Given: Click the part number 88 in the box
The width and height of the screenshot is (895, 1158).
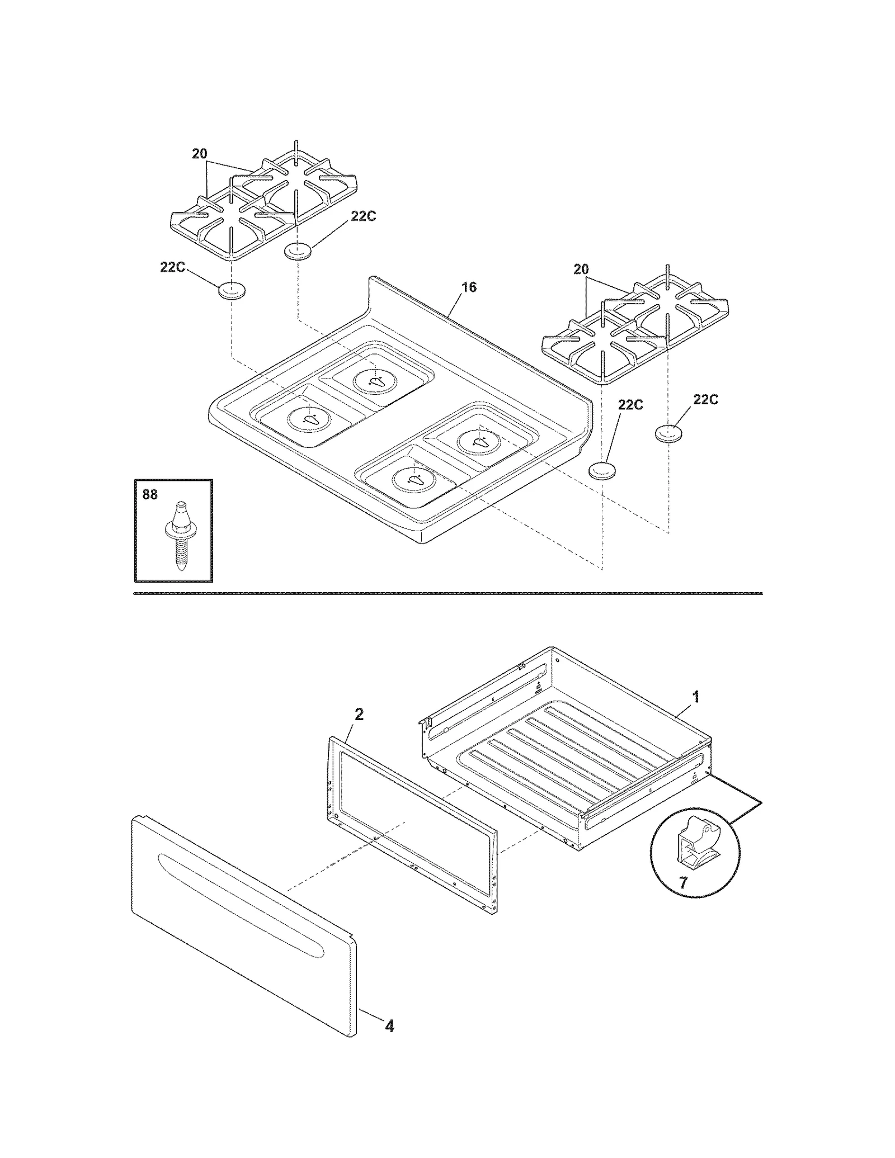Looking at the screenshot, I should pos(150,494).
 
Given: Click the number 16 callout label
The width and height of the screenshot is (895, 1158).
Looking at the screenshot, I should pos(469,287).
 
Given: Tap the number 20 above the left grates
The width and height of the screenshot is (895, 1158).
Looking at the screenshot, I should pos(200,154).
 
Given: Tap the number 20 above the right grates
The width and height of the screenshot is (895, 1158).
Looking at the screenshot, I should pos(581,270).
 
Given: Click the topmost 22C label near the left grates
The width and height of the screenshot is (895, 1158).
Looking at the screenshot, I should pos(363,216).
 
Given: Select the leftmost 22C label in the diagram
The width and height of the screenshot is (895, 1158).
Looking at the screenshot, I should pos(172,267).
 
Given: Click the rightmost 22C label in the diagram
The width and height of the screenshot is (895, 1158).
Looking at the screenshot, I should pos(705,399).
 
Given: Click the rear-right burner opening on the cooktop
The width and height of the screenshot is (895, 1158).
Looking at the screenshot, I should pos(481,442).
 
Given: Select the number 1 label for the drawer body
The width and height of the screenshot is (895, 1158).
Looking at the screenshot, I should pos(696,697).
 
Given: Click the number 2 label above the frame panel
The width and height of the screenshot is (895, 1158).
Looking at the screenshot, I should pos(359,714).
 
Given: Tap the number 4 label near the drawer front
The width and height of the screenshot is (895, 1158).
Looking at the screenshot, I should pos(389,1026).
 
